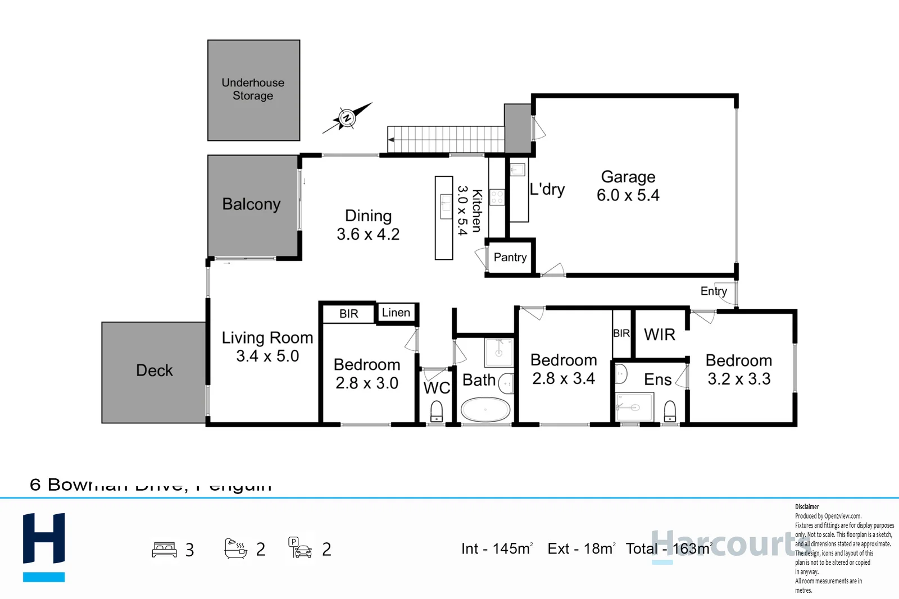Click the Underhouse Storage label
tap(253, 89)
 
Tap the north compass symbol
tap(347, 118)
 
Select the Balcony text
tap(251, 204)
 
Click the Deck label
tap(154, 371)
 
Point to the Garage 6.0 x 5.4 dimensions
tap(628, 195)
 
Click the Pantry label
tap(510, 258)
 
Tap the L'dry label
tap(547, 189)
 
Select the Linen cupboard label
tap(396, 313)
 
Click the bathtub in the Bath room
tap(485, 410)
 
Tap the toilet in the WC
tap(437, 412)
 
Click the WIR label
tap(659, 335)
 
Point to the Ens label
tap(657, 380)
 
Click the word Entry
tap(713, 291)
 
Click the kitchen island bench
tap(443, 218)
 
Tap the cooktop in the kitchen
tap(497, 197)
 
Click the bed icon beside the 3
tap(164, 549)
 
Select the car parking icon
tap(300, 548)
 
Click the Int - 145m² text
tap(497, 548)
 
